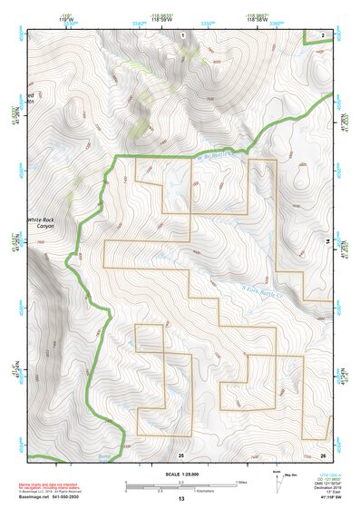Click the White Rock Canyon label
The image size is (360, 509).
coord(41,222)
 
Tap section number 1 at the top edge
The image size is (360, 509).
coord(182,34)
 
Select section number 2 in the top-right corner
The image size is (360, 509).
coord(324,34)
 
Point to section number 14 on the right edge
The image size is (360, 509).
coord(327,240)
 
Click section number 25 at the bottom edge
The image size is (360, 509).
coord(181,454)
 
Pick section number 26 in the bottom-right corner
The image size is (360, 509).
coord(323,454)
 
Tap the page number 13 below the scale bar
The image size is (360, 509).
coord(180,499)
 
